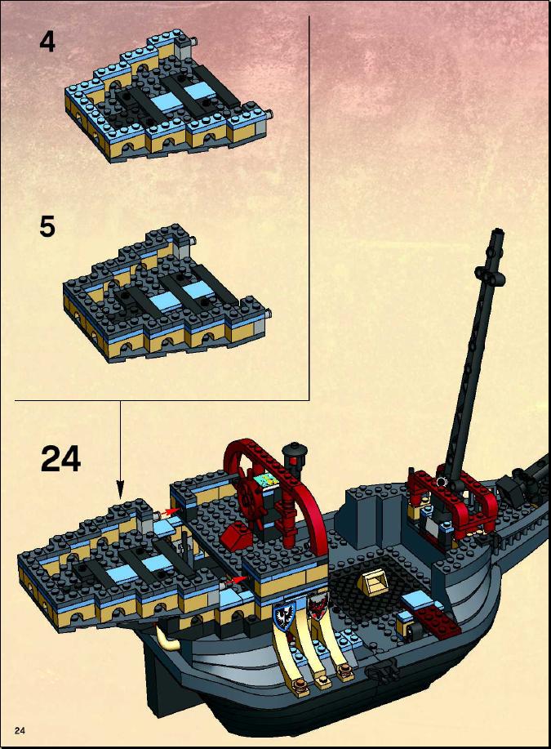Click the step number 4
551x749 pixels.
point(47,42)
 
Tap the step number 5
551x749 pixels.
point(47,226)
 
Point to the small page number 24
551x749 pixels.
point(20,730)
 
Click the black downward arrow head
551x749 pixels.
point(120,488)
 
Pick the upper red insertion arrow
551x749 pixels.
point(170,512)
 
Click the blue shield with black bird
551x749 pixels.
point(285,615)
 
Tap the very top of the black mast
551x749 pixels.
point(498,231)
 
